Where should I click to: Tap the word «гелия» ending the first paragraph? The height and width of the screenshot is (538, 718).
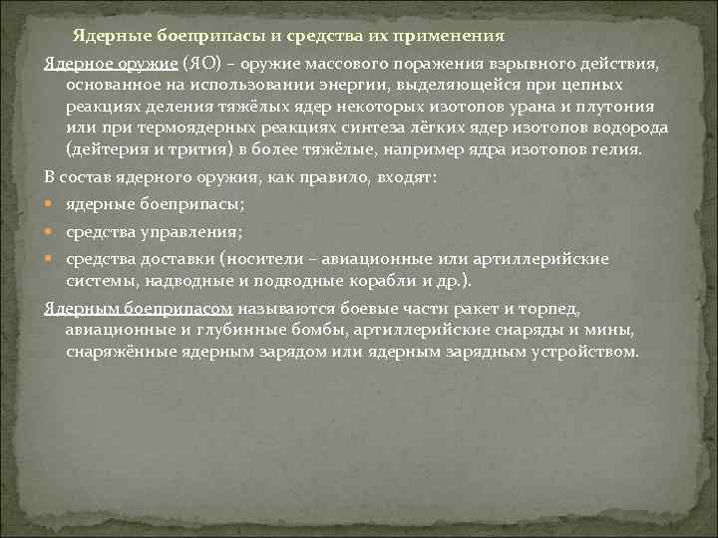(619, 150)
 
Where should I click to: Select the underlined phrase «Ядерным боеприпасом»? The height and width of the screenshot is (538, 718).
(138, 308)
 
